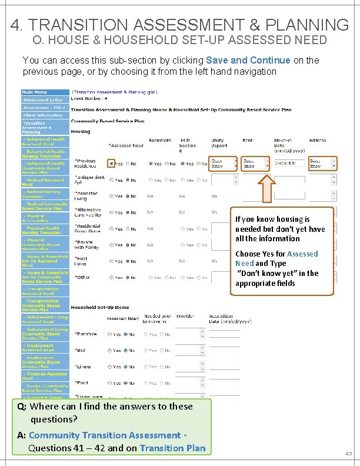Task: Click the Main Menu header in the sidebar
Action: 35,92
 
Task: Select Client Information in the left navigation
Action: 42,115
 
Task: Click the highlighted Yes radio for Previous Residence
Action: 111,164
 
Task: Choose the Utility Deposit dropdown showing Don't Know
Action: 224,163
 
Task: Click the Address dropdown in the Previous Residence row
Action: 323,163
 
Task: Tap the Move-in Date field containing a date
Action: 289,163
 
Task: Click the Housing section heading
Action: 81,132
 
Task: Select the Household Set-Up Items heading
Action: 99,307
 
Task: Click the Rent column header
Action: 248,141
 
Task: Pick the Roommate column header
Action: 160,141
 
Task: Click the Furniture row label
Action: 88,334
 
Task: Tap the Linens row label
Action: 84,367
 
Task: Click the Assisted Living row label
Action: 86,195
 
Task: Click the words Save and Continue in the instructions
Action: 248,60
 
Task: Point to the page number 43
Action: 348,453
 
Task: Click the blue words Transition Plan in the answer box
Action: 172,448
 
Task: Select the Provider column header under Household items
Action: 185,316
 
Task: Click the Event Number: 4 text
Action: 89,99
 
